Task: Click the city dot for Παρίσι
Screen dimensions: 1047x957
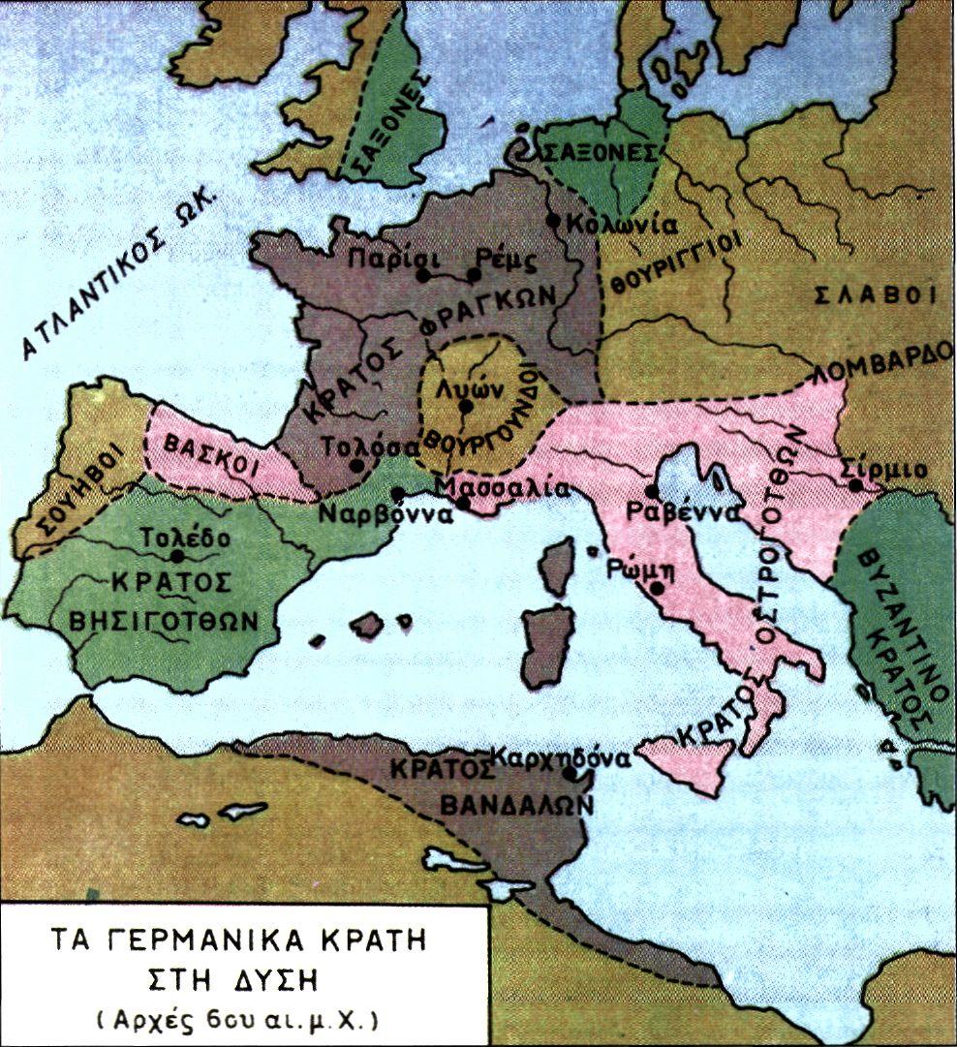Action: [x=422, y=275]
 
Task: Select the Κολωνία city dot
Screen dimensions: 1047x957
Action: [x=553, y=221]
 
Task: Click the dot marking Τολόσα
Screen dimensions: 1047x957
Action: [x=357, y=466]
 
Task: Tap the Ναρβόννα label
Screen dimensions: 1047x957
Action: [x=386, y=514]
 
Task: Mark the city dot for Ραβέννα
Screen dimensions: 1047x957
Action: [x=651, y=492]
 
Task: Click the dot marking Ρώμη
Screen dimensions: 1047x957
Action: [x=658, y=588]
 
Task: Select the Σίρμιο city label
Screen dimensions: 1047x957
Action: [x=884, y=470]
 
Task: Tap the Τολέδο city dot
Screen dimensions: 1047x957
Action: [x=177, y=556]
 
